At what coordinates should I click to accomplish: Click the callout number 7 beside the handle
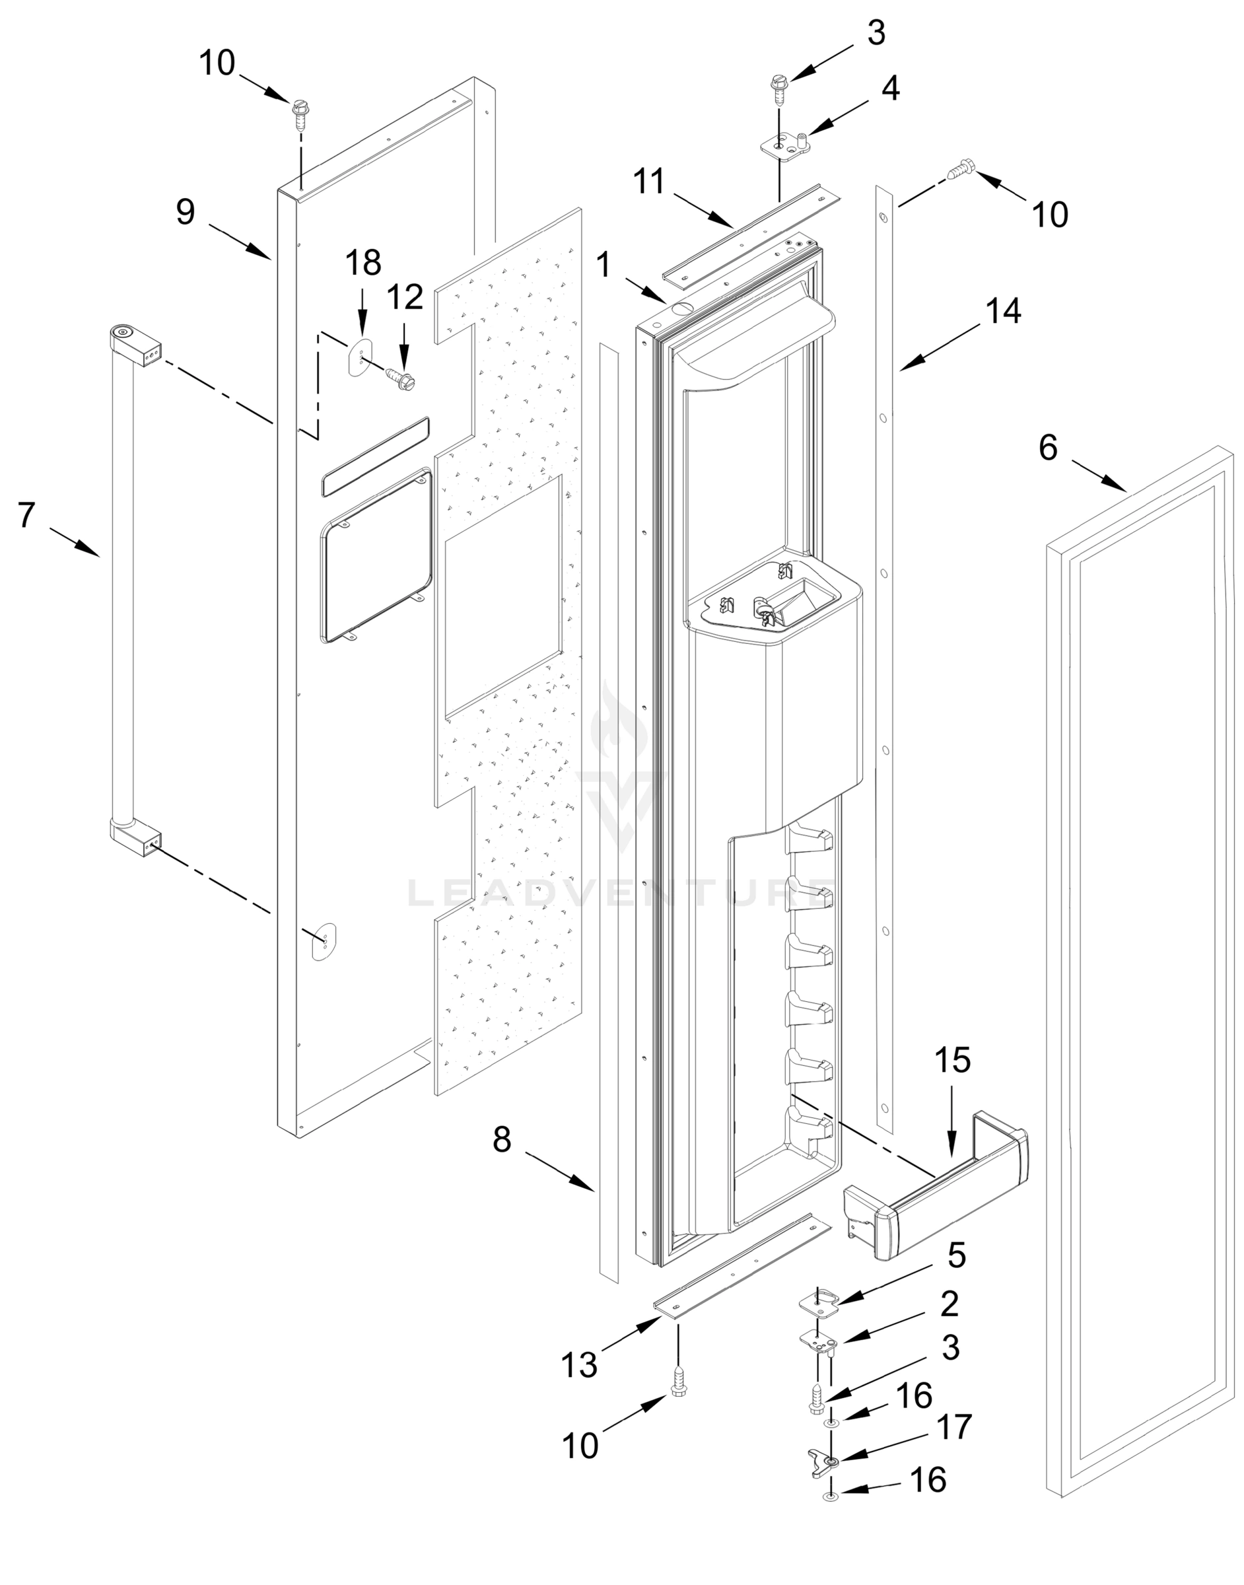pyautogui.click(x=26, y=516)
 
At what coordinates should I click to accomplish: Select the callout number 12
pyautogui.click(x=405, y=297)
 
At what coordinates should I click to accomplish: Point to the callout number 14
pyautogui.click(x=1004, y=311)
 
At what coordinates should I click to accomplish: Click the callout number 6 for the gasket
pyautogui.click(x=1047, y=448)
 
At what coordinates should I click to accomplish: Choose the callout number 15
pyautogui.click(x=953, y=1061)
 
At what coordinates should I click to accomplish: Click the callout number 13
pyautogui.click(x=579, y=1364)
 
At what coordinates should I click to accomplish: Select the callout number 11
pyautogui.click(x=649, y=182)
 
